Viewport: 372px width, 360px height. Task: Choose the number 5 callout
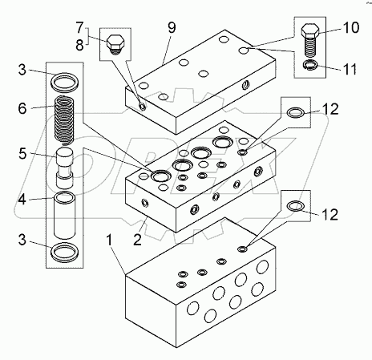pyautogui.click(x=22, y=153)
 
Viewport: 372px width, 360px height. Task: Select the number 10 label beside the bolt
pyautogui.click(x=350, y=27)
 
